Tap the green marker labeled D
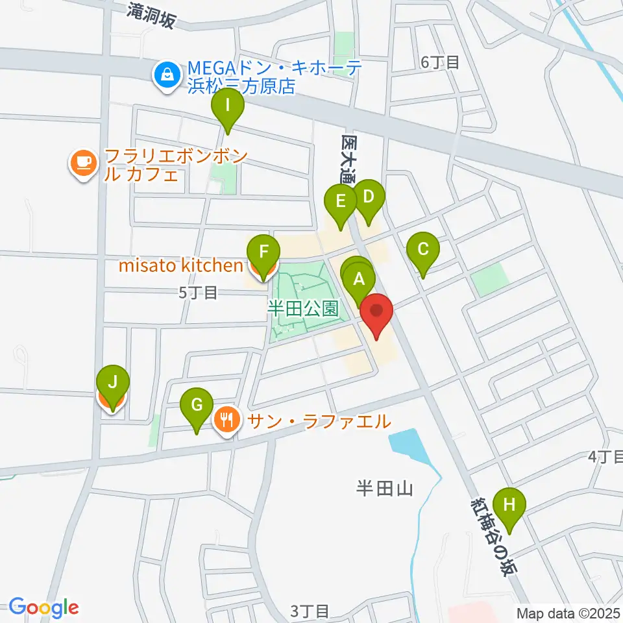(x=368, y=197)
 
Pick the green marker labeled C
(x=423, y=249)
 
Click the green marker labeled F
(x=263, y=251)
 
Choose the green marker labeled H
(x=509, y=504)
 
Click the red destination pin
(x=376, y=311)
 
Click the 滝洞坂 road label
(x=151, y=14)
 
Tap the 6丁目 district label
(x=440, y=62)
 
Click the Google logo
(x=44, y=607)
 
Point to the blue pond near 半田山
(x=408, y=446)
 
